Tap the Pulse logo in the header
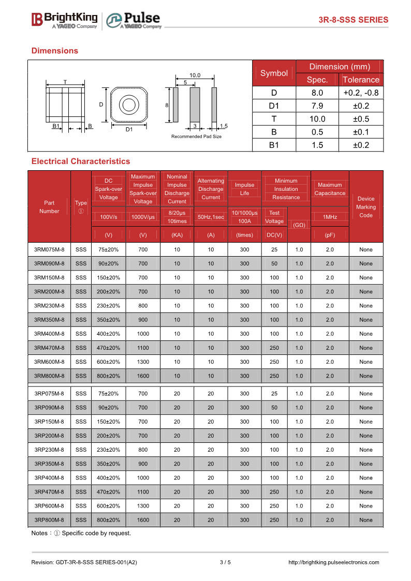point(134,20)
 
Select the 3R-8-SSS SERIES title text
point(353,20)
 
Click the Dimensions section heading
point(55,51)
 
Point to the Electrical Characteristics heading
point(81,161)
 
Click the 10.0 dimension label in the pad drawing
point(195,76)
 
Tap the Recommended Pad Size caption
point(196,137)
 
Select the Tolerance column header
point(361,80)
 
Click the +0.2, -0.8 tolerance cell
point(361,93)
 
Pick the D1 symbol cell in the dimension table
point(274,106)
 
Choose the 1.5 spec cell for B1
point(317,145)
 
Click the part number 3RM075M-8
point(49,249)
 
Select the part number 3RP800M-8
point(49,520)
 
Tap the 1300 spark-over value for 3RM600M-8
point(143,362)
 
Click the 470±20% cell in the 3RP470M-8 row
point(108,492)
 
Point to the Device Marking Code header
point(366,207)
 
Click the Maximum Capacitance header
point(330,189)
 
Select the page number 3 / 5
point(225,562)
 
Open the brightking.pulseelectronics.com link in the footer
point(333,562)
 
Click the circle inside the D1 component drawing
point(129,105)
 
